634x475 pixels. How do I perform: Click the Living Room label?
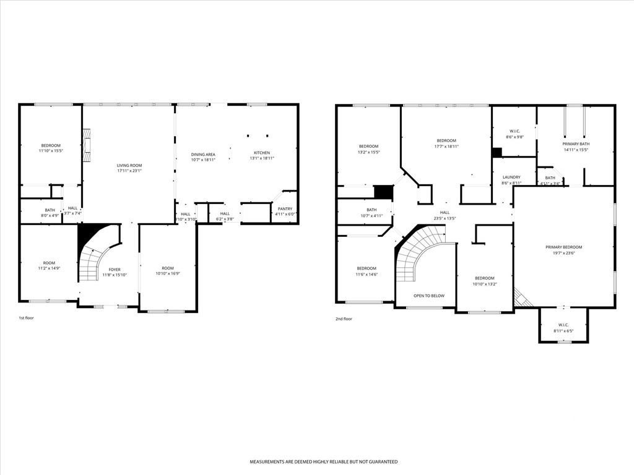tap(129, 165)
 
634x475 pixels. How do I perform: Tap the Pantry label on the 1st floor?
tap(285, 209)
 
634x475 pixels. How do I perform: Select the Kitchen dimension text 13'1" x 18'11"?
tap(261, 158)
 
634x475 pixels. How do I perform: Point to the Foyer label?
tap(115, 270)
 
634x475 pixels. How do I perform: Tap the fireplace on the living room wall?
tap(87, 142)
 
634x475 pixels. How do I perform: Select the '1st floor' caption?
tap(26, 319)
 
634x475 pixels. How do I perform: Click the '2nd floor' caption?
tap(344, 319)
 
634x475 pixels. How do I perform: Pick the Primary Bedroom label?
tap(563, 247)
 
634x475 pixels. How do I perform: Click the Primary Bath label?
tap(575, 144)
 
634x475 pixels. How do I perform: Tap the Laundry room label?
tap(511, 177)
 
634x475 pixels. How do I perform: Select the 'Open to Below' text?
tap(428, 296)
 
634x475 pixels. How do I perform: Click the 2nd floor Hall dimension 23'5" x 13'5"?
tap(445, 218)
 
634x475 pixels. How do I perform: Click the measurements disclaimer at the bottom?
tap(323, 461)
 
